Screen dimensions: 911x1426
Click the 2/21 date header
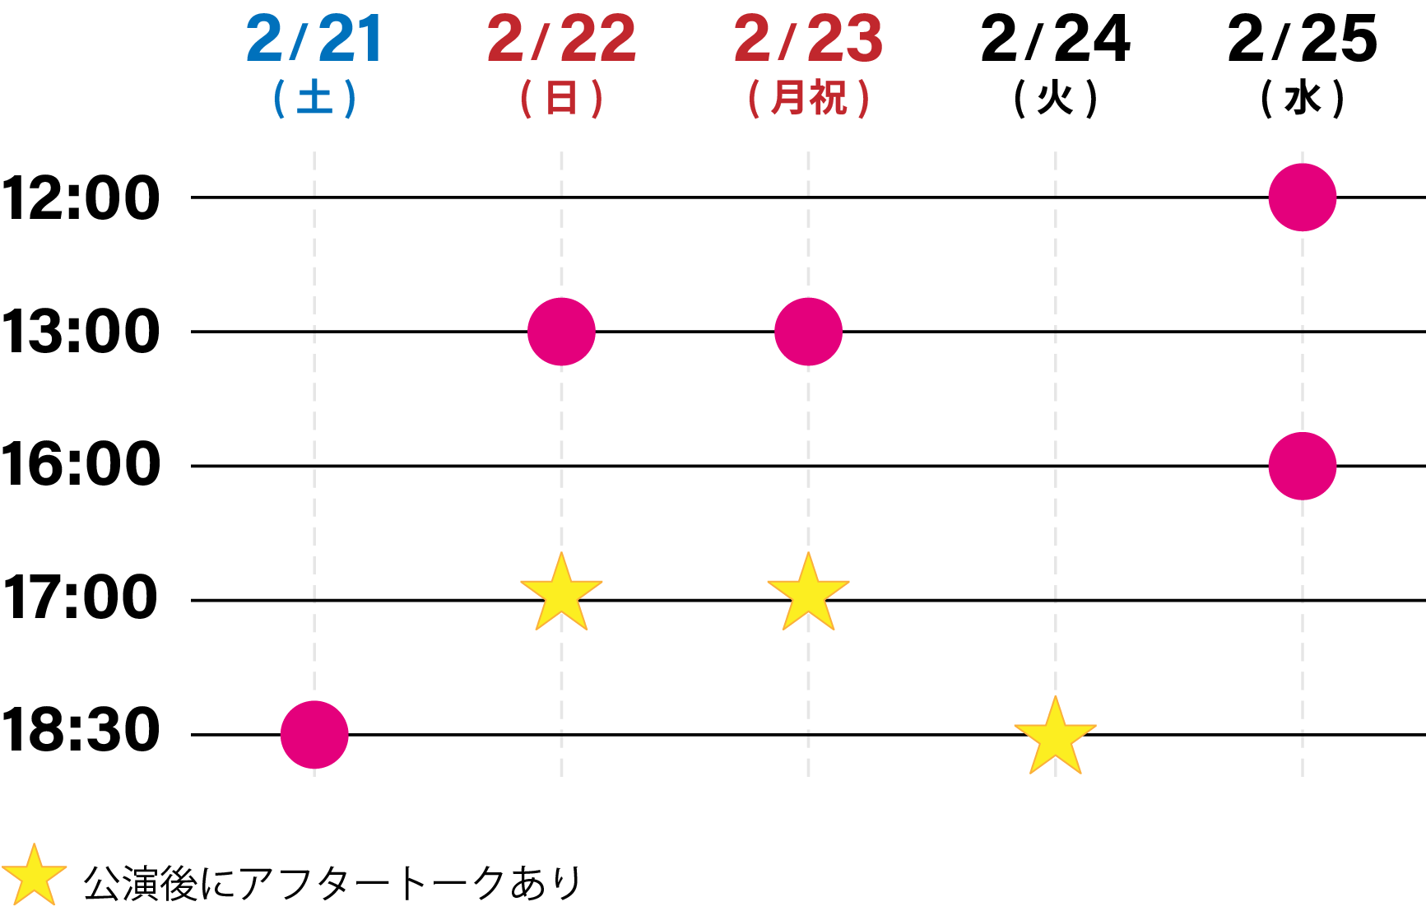point(314,40)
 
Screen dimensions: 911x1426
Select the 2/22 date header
point(561,40)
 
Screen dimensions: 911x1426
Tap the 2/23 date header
point(808,40)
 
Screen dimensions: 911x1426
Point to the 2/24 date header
point(1055,40)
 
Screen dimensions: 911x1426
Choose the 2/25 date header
point(1302,40)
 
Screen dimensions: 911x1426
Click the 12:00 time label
point(81,198)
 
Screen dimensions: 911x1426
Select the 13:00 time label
point(81,332)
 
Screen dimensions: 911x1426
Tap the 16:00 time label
point(81,465)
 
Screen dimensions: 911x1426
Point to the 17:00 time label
point(81,598)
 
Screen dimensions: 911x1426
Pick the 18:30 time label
point(81,731)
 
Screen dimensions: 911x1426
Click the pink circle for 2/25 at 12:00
point(1302,198)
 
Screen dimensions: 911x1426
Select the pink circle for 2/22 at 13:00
point(561,332)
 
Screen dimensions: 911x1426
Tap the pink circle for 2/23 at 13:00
point(808,332)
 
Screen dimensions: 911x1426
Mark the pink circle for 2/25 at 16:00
point(1302,466)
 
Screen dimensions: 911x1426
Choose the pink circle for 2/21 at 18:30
point(314,734)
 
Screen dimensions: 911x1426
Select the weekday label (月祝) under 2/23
point(808,99)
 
